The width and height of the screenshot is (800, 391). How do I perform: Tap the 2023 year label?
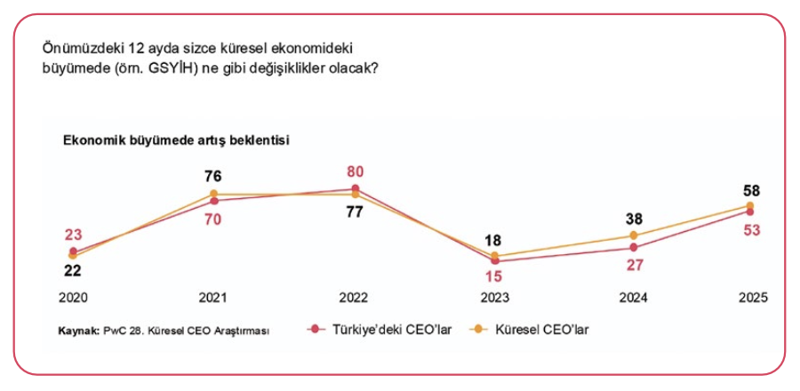tap(494, 298)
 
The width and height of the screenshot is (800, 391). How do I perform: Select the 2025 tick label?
tap(751, 298)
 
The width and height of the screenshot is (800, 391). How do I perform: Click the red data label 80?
tap(355, 172)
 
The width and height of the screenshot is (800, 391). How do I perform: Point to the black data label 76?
tap(213, 176)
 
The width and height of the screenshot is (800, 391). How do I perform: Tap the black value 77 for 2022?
tap(355, 212)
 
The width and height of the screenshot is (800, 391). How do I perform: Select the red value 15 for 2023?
tap(494, 275)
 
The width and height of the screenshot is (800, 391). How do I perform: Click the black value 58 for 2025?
tap(751, 191)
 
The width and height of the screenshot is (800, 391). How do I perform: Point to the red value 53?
tap(751, 231)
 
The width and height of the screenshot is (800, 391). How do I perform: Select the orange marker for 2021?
tap(213, 193)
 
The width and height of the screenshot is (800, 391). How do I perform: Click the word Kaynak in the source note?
tap(76, 331)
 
